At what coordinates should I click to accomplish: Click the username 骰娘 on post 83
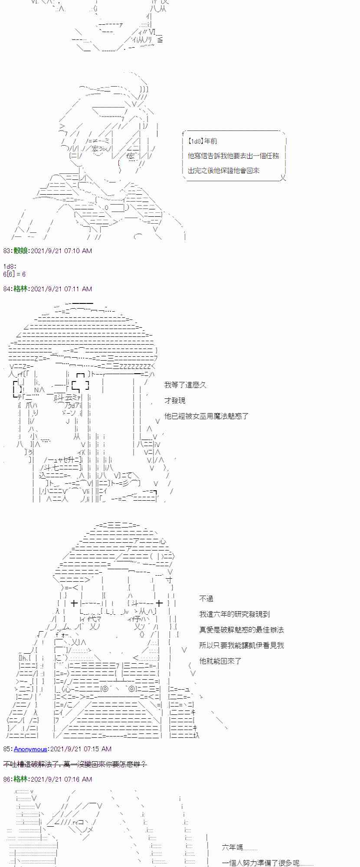[20, 251]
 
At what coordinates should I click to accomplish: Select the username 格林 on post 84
[20, 289]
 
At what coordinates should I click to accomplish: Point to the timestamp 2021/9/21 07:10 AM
[61, 251]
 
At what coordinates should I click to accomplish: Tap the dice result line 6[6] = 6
[14, 274]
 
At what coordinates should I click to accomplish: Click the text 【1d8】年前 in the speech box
[203, 141]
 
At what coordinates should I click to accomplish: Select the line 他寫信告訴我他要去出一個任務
[233, 156]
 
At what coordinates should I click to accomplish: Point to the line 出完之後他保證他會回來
[224, 170]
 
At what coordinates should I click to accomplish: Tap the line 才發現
[175, 401]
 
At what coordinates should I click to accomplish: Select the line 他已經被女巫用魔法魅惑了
[206, 416]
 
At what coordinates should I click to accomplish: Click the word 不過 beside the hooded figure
[206, 599]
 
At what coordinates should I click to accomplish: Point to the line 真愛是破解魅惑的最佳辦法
[241, 630]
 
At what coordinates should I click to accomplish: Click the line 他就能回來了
[220, 661]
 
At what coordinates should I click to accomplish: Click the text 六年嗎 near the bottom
[232, 847]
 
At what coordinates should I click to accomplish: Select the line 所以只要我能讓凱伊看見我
[241, 645]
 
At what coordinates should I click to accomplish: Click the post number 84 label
[7, 289]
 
